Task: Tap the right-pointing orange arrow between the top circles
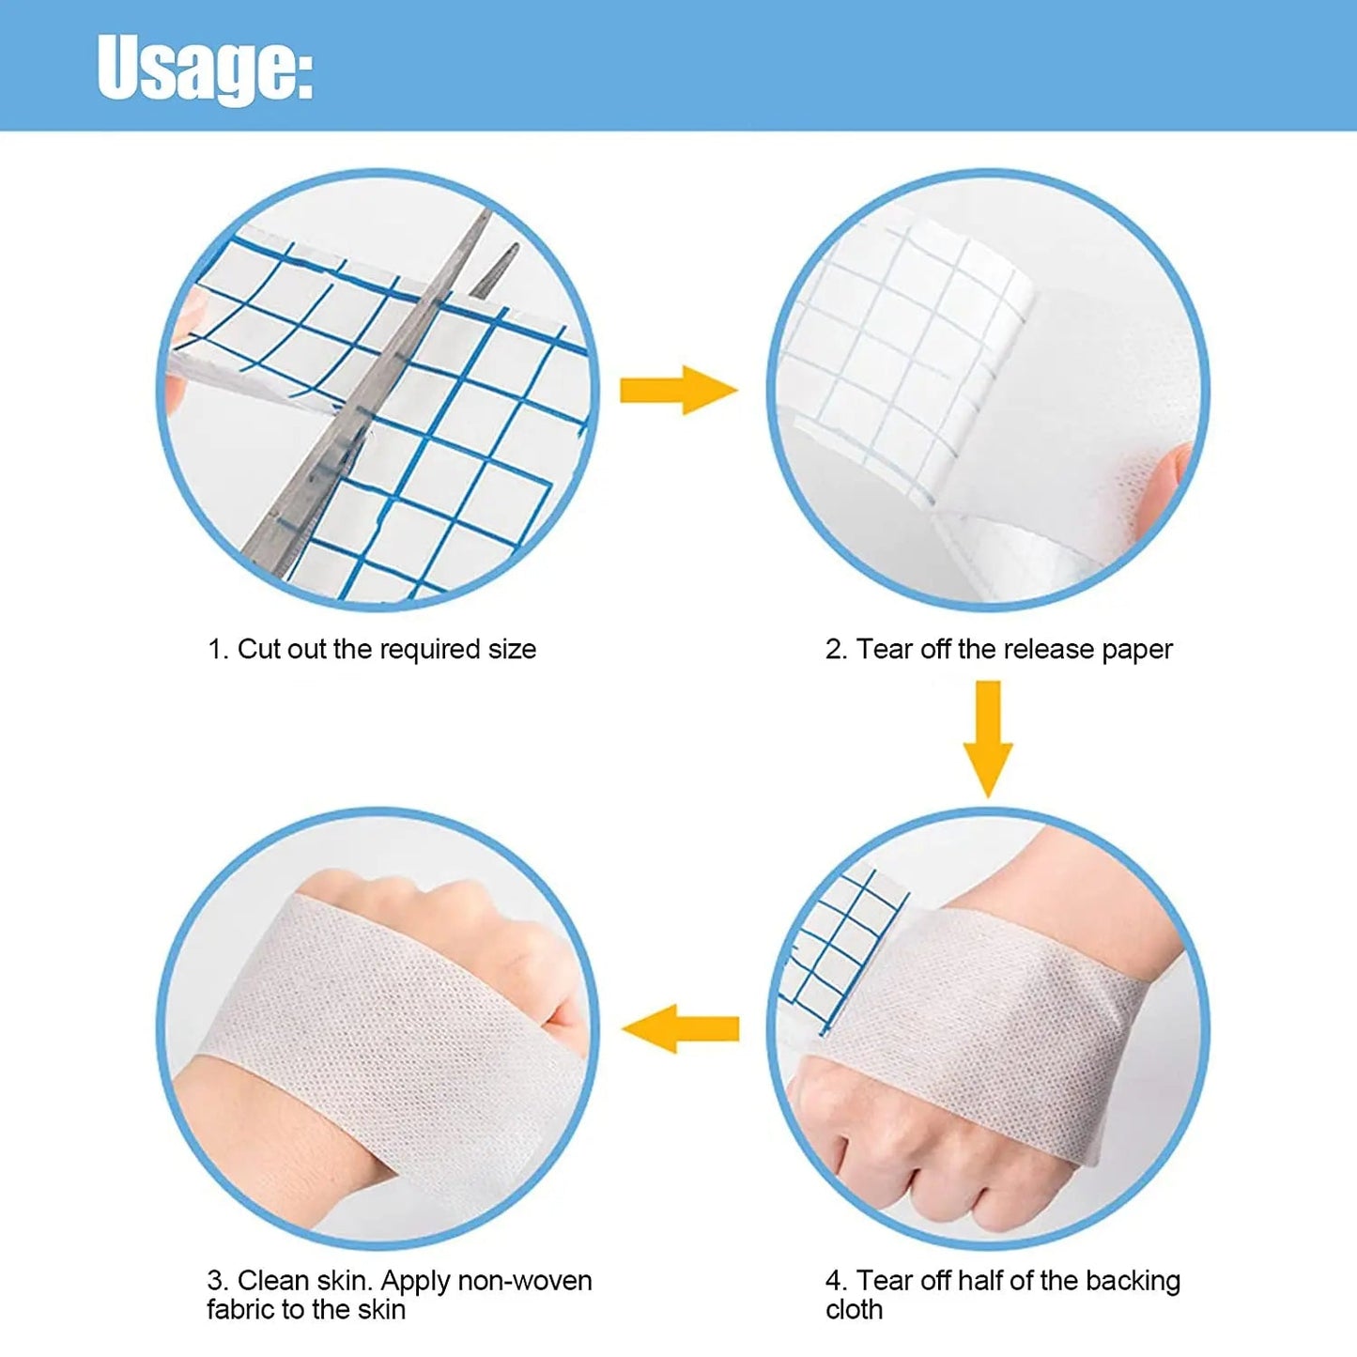[x=679, y=390]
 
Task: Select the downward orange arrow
[x=988, y=739]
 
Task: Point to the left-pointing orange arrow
[x=680, y=1029]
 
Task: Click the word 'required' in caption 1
[x=425, y=651]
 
